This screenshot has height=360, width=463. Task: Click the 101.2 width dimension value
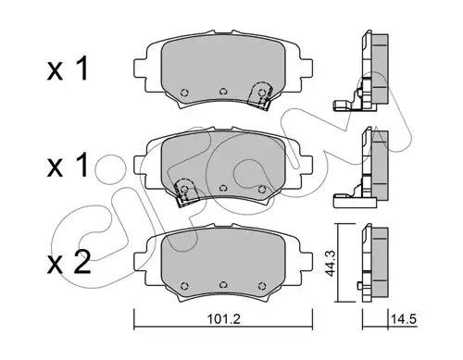point(223,319)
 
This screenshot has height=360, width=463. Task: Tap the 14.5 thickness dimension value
point(404,319)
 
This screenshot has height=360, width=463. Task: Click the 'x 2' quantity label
point(69,262)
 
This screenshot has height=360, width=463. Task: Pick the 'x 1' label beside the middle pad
point(68,166)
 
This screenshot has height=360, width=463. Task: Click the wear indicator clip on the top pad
point(261,95)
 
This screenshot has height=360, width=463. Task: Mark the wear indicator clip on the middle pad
point(185,192)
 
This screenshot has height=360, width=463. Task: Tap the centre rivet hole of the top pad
point(223,92)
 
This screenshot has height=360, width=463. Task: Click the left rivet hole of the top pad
point(184,93)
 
